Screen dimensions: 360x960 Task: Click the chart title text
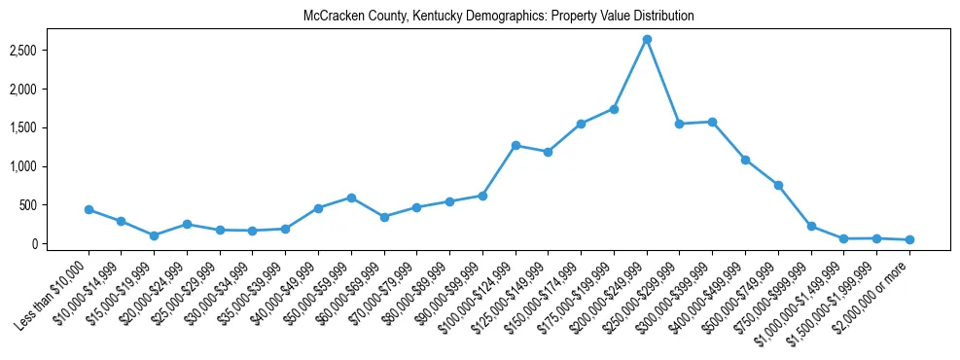pyautogui.click(x=499, y=17)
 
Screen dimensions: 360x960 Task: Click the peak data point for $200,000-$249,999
pyautogui.click(x=647, y=39)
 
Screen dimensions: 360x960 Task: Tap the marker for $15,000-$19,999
pyautogui.click(x=154, y=235)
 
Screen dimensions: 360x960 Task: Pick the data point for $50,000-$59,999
pyautogui.click(x=351, y=198)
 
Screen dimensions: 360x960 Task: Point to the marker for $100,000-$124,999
pyautogui.click(x=516, y=145)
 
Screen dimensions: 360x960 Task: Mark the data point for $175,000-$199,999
pyautogui.click(x=614, y=109)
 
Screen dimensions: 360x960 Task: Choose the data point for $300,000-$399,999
pyautogui.click(x=712, y=122)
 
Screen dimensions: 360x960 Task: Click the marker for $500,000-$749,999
pyautogui.click(x=778, y=185)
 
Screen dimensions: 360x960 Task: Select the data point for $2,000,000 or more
pyautogui.click(x=909, y=239)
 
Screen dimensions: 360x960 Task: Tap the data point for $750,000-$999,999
pyautogui.click(x=811, y=226)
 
